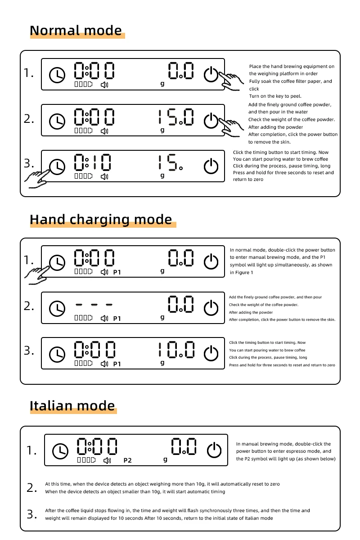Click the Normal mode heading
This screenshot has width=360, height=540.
pyautogui.click(x=76, y=31)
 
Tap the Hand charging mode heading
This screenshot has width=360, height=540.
pyautogui.click(x=101, y=220)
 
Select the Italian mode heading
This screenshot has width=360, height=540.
pyautogui.click(x=72, y=406)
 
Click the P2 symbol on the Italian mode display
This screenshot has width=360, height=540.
pyautogui.click(x=127, y=460)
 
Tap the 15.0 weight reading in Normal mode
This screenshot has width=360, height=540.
pyautogui.click(x=176, y=117)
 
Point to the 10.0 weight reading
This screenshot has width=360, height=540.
pyautogui.click(x=176, y=350)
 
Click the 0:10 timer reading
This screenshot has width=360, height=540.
pyautogui.click(x=93, y=162)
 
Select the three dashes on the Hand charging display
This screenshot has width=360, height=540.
pyautogui.click(x=94, y=305)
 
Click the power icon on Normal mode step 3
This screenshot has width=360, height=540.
pyautogui.click(x=211, y=166)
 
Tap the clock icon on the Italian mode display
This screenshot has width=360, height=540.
pyautogui.click(x=60, y=450)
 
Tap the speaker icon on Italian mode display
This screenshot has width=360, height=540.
pyautogui.click(x=107, y=461)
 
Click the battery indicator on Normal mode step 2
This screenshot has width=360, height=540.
pyautogui.click(x=83, y=130)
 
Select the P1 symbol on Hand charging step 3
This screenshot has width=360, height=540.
pyautogui.click(x=117, y=364)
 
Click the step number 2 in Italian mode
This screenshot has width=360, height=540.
pyautogui.click(x=32, y=488)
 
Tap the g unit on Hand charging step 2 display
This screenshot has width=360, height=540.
pyautogui.click(x=162, y=317)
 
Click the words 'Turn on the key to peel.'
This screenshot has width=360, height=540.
pyautogui.click(x=275, y=96)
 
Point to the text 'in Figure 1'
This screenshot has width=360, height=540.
pyautogui.click(x=241, y=272)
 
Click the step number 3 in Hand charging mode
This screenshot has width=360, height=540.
pyautogui.click(x=29, y=351)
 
